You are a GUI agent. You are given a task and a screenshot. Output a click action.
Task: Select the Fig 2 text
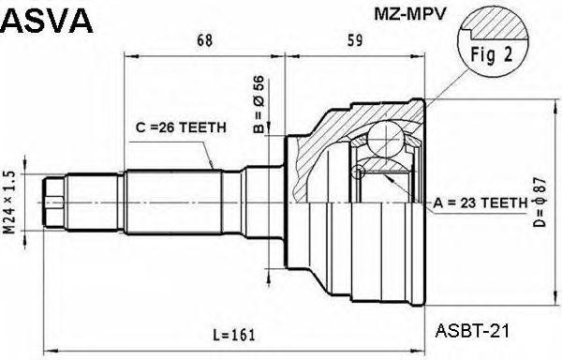click(492, 54)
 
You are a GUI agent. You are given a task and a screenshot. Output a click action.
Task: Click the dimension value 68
click(205, 39)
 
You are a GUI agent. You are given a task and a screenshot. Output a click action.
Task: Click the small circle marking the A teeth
click(358, 172)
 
